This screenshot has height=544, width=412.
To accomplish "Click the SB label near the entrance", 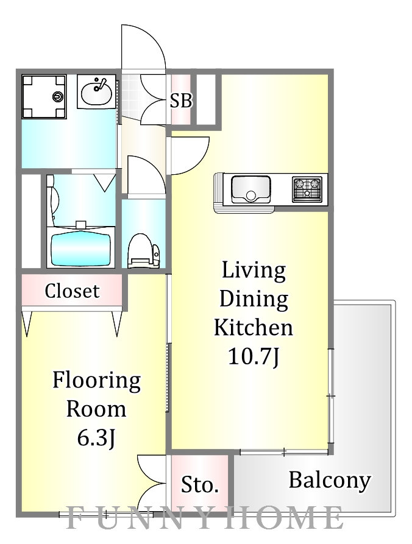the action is point(181,101).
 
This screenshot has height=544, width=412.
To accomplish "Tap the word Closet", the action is point(72,291).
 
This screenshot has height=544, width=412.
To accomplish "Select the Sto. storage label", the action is point(199,484).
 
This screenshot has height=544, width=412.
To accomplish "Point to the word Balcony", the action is point(330,481).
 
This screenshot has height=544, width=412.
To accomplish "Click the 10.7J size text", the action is point(254,356).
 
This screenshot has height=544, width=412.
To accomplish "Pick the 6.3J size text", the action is point(96,438).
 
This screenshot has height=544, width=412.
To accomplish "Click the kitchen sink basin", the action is point(250,189).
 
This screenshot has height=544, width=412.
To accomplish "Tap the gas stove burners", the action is point(307,189).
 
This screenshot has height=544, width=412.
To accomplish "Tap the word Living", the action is point(254,270).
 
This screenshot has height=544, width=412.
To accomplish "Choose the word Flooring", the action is point(96,381).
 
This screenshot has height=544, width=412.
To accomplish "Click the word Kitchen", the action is point(254,328).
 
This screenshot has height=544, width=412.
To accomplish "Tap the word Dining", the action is point(254,300).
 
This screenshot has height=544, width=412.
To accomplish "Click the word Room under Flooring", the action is point(96,409).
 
